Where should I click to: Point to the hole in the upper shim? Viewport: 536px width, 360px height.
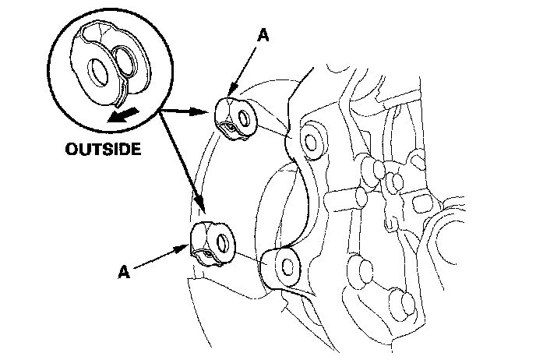tap(245, 119)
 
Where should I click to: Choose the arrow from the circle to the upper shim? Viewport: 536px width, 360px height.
tap(187, 111)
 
